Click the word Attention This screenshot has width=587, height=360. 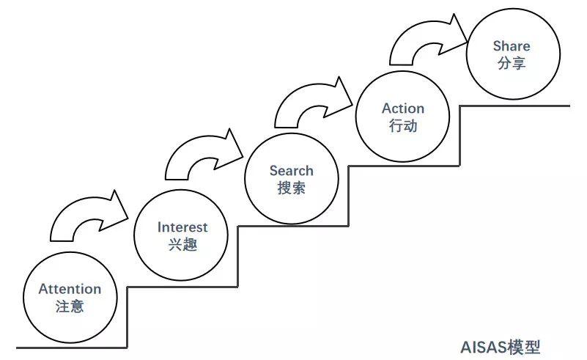point(70,289)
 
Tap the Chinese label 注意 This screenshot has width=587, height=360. point(70,306)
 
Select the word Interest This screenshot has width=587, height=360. point(182,227)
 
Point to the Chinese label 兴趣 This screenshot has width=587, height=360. point(182,245)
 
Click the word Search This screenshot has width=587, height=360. point(291,171)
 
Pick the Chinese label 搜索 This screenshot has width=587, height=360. point(291,188)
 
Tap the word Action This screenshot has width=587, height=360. point(403,109)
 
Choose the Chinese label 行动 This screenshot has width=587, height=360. point(403,125)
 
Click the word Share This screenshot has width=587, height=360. point(511,46)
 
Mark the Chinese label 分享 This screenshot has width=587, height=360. point(511,63)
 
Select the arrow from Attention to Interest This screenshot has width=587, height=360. point(84,216)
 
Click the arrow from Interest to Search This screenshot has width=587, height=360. point(198,155)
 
